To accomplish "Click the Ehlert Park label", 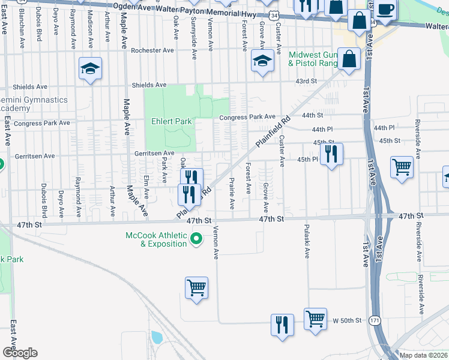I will (x=172, y=121).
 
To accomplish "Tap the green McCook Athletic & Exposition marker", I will (x=196, y=240).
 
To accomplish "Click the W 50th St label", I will (x=348, y=322).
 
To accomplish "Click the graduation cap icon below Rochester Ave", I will (x=262, y=60).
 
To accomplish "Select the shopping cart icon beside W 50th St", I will (x=315, y=317).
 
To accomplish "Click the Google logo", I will (x=20, y=353).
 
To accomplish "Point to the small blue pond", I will (x=157, y=337).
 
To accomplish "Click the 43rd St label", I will (x=306, y=81).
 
